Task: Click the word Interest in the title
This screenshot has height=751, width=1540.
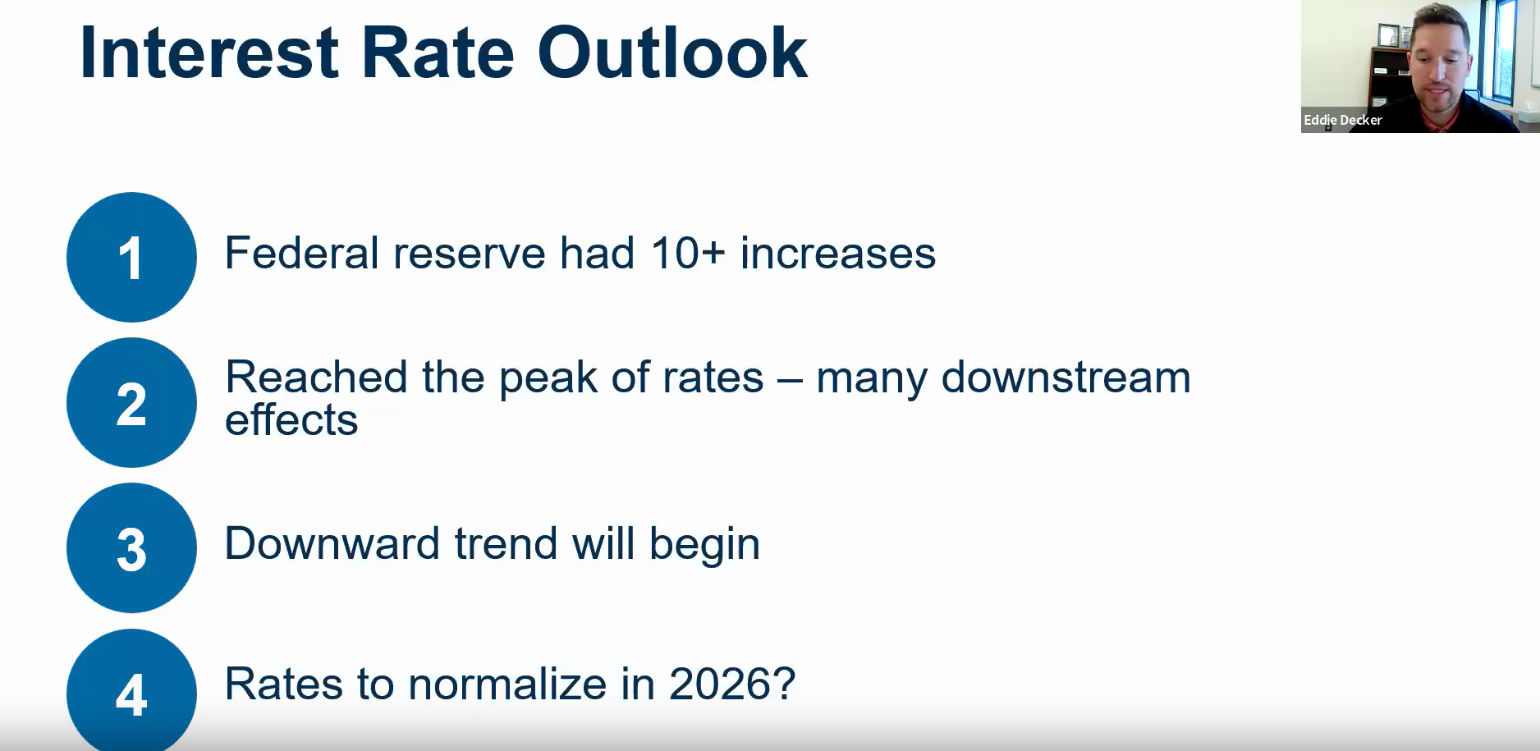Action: [x=209, y=53]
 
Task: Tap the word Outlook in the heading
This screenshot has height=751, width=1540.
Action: [x=672, y=53]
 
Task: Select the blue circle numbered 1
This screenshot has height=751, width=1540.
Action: [x=131, y=257]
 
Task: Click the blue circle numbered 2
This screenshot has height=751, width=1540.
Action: [x=131, y=403]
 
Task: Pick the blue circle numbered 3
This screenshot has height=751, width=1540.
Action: [x=131, y=548]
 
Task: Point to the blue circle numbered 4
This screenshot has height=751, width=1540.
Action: [x=131, y=690]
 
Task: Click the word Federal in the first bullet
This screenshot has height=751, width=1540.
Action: [x=302, y=253]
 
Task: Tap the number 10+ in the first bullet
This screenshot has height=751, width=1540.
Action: [x=688, y=253]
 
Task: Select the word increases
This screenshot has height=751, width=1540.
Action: [x=838, y=253]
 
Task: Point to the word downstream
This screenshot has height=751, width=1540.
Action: [x=1066, y=378]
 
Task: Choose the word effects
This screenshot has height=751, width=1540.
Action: [x=291, y=420]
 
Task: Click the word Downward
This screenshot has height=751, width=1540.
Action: [x=332, y=543]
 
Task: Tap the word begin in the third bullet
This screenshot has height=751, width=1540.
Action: [x=704, y=545]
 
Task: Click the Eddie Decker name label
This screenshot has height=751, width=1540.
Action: [x=1343, y=120]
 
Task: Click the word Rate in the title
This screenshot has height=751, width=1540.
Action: [x=438, y=53]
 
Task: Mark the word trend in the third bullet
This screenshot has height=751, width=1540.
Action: [x=506, y=543]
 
